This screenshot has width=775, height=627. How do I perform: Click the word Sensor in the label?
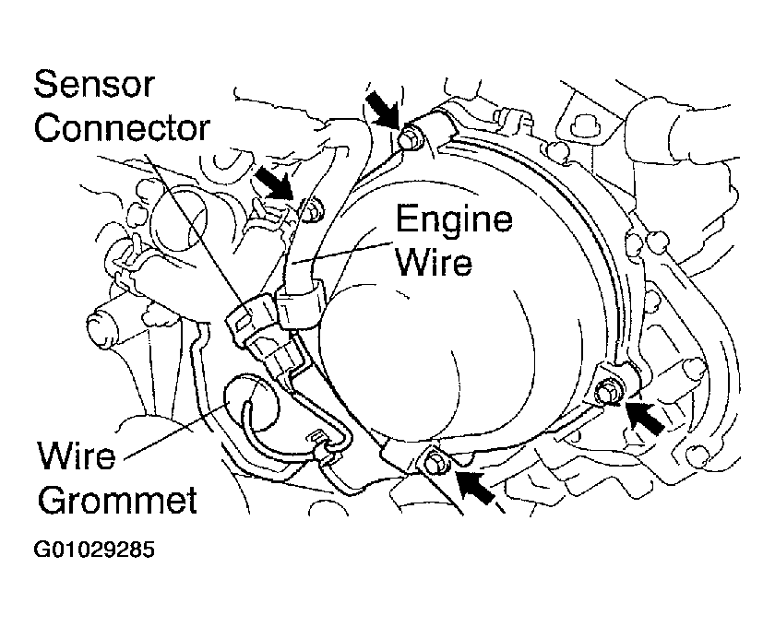point(94,85)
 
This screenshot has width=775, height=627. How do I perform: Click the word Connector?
point(122,128)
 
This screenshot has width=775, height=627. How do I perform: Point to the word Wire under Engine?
point(434,262)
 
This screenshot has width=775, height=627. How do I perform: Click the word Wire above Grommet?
point(77,455)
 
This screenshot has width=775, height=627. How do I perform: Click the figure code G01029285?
point(94,550)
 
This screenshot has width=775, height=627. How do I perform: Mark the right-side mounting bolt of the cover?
point(606,391)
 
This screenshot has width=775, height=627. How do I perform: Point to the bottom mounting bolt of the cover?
point(434,463)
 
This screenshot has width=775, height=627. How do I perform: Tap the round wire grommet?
point(251,403)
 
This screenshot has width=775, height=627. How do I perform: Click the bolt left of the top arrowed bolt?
point(312,211)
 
